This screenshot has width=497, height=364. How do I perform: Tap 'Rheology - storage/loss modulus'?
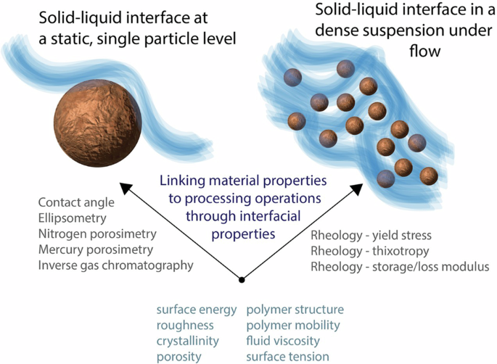pos(400,267)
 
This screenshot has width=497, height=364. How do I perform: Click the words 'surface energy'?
pos(197,310)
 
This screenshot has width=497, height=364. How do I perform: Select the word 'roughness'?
pos(185,326)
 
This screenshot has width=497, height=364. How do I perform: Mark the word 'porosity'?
pos(178,356)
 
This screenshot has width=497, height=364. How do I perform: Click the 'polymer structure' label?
pos(295,310)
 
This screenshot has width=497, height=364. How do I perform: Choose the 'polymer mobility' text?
pos(293,326)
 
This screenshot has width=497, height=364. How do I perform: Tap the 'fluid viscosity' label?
pos(283,341)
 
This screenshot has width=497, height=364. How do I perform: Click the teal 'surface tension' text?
pos(287,356)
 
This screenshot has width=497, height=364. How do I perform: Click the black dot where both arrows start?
pos(242,280)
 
